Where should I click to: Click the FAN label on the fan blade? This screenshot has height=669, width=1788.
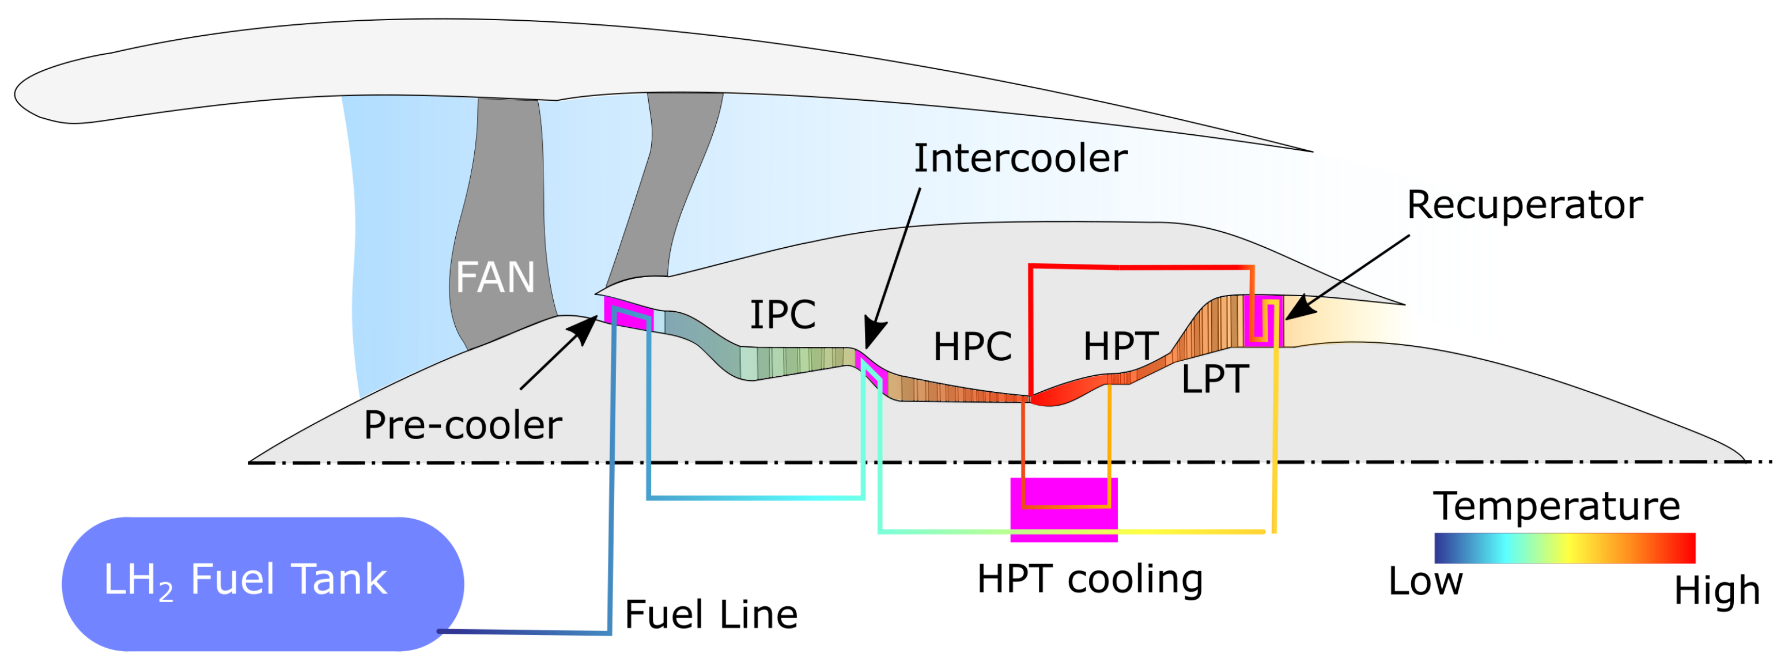coord(495,278)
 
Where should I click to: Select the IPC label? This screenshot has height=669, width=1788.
coord(783,315)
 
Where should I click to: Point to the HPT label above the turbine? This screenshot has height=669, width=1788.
coord(1120,346)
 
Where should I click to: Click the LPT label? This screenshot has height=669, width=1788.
coord(1215,380)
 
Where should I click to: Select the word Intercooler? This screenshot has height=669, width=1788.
coord(1020,159)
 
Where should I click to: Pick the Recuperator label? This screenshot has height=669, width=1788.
coord(1524,205)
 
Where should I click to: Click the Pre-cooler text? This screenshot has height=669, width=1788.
coord(462,425)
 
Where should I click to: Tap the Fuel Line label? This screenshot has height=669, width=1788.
coord(710,615)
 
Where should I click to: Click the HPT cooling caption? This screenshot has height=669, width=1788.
coord(1089,580)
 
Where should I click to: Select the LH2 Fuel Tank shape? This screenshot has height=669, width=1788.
coord(262,584)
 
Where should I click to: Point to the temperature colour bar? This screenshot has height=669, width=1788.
coord(1564,548)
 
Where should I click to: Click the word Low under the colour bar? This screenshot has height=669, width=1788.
coord(1425,581)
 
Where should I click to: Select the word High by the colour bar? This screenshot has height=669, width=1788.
coord(1717,591)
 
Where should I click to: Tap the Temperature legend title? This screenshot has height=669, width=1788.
coord(1556,506)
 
